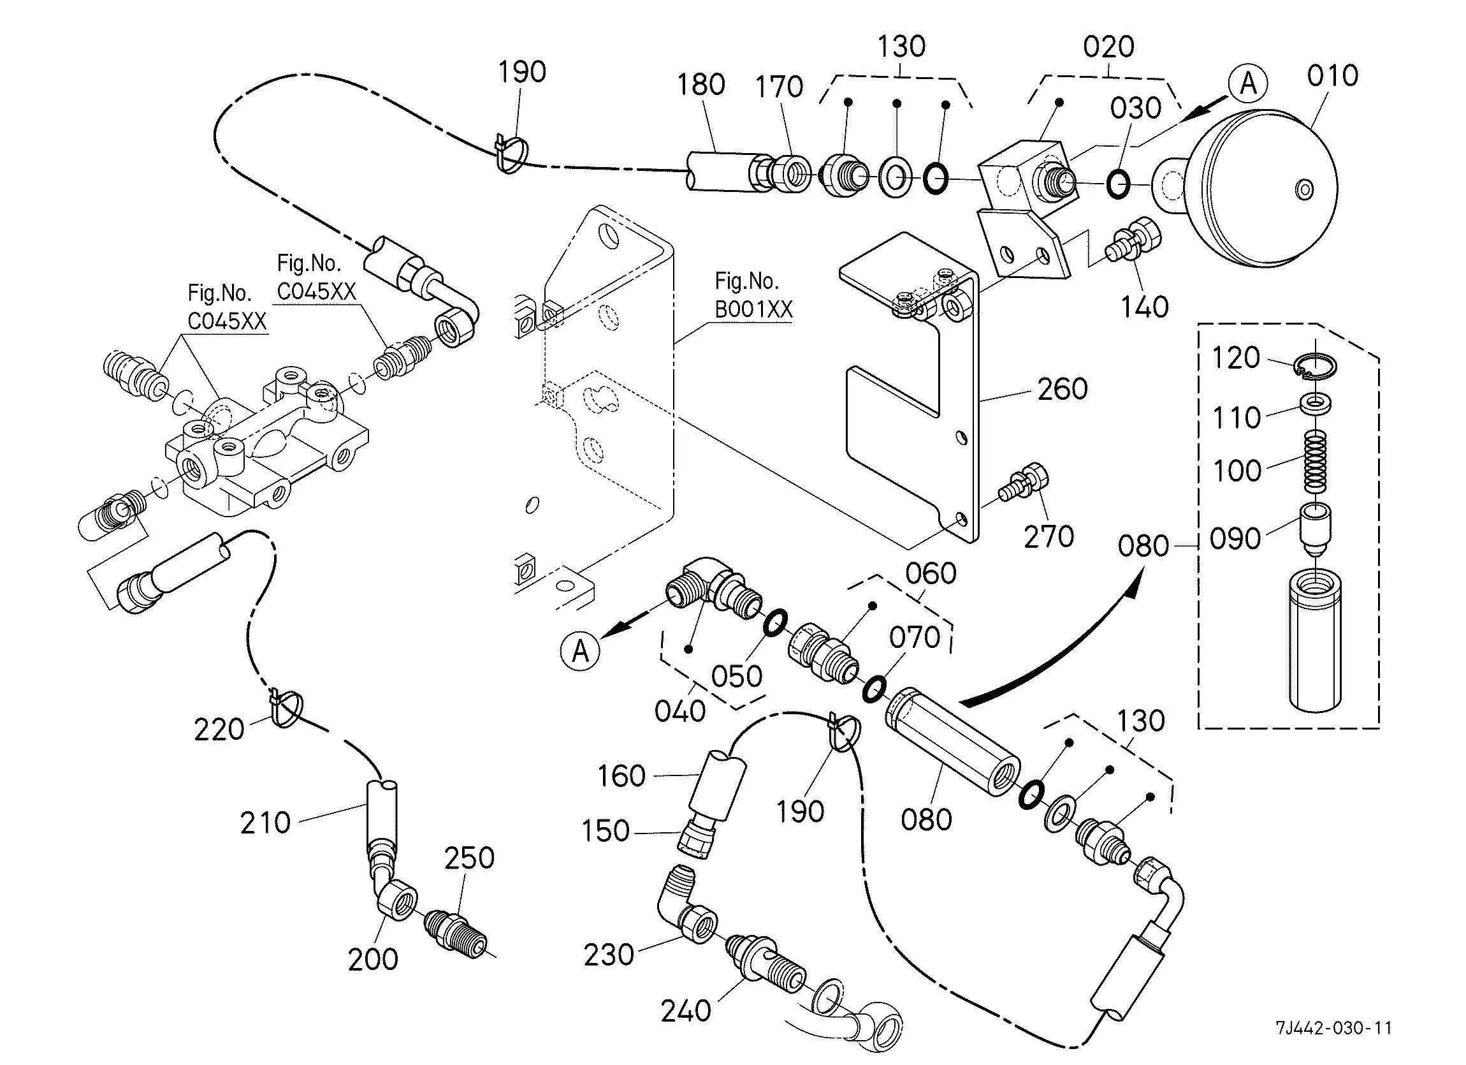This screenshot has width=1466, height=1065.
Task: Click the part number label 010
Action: (1332, 77)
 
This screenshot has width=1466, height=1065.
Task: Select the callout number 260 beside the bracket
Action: (1062, 389)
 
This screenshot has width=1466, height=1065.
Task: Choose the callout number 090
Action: (1235, 539)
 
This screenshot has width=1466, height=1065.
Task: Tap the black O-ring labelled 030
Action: (1117, 184)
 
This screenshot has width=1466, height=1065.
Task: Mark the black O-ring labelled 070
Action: (875, 689)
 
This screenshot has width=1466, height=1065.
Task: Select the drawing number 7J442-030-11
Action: (1333, 1027)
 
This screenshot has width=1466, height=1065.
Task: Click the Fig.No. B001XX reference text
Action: (753, 295)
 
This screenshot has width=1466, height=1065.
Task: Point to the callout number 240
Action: (686, 1011)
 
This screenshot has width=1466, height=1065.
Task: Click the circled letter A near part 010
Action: (1249, 84)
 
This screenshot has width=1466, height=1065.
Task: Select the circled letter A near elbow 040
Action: (581, 651)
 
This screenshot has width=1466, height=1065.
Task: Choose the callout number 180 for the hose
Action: (700, 85)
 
